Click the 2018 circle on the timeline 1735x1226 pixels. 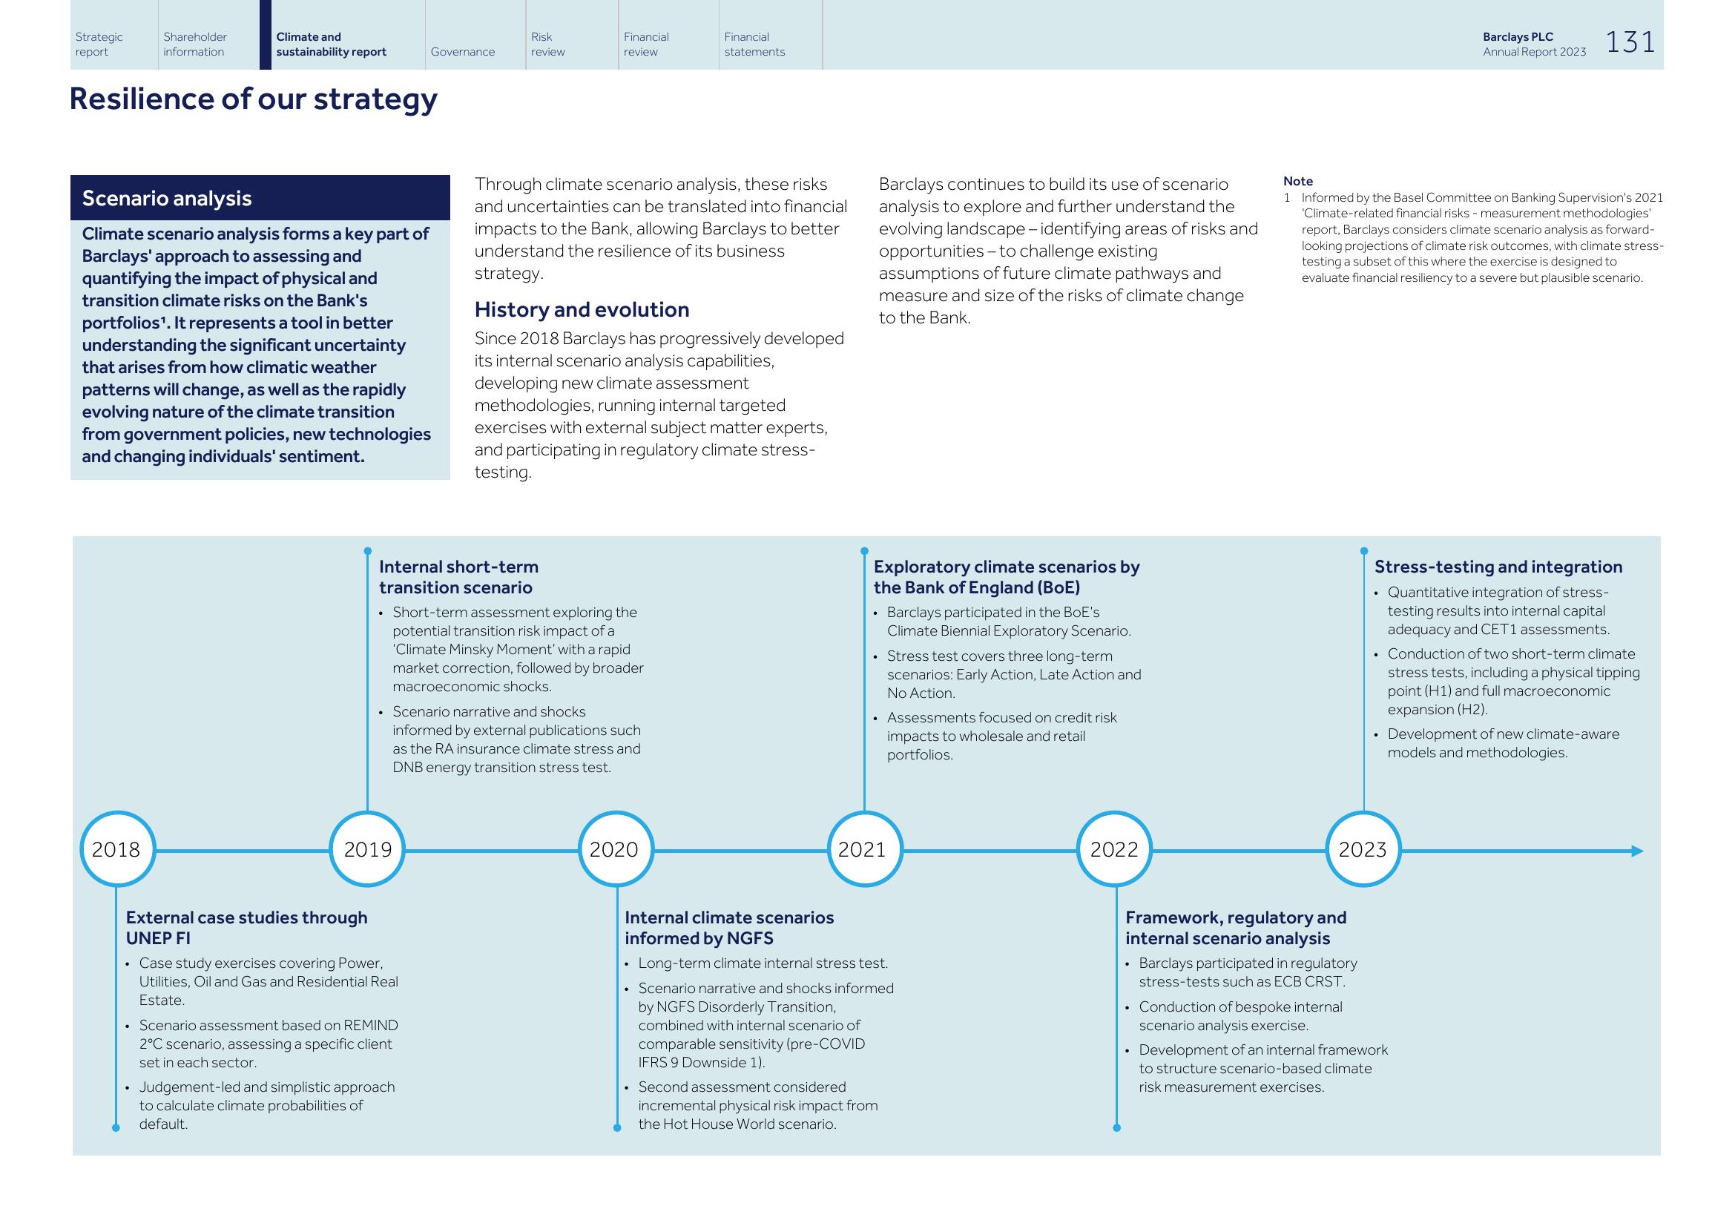117,849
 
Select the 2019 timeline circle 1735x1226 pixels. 367,849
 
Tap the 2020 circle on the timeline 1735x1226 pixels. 616,849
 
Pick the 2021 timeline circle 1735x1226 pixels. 864,849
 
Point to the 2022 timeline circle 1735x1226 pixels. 1114,849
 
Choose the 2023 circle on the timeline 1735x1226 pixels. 1363,849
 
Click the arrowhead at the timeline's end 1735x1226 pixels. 1637,851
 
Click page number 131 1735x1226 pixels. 1630,42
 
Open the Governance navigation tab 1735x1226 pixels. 462,51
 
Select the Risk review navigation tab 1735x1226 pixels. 548,44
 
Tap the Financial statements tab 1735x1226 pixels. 754,44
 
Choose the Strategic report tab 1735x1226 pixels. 99,44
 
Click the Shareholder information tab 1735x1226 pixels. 195,44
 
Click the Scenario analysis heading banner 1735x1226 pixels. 260,198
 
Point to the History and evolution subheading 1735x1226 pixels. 582,310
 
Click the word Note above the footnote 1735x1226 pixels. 1297,181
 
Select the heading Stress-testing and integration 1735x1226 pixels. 1498,567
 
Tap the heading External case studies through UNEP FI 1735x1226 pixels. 246,928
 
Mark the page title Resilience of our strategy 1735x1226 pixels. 253,99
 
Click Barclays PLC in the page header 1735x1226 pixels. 1518,37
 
